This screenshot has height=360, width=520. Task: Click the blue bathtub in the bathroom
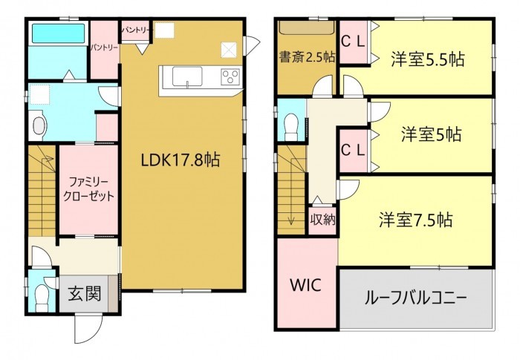point(58,34)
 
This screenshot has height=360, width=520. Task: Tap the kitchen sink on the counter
point(186,76)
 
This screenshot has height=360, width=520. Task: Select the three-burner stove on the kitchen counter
point(230,76)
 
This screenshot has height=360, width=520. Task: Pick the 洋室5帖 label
point(432,135)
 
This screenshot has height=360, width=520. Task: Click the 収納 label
point(322,220)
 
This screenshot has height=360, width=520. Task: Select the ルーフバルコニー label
point(415,298)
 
